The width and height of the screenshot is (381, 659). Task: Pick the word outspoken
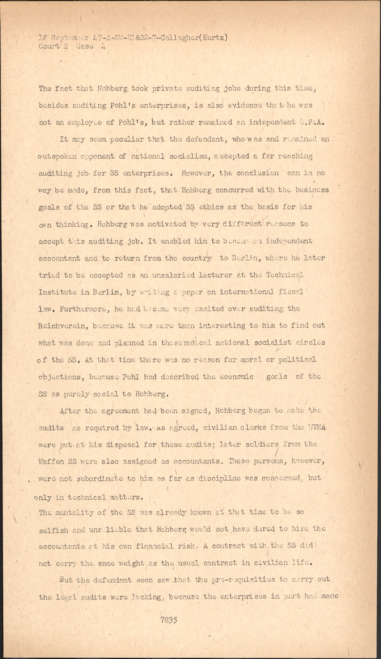click(57, 157)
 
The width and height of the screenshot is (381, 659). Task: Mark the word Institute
click(57, 292)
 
